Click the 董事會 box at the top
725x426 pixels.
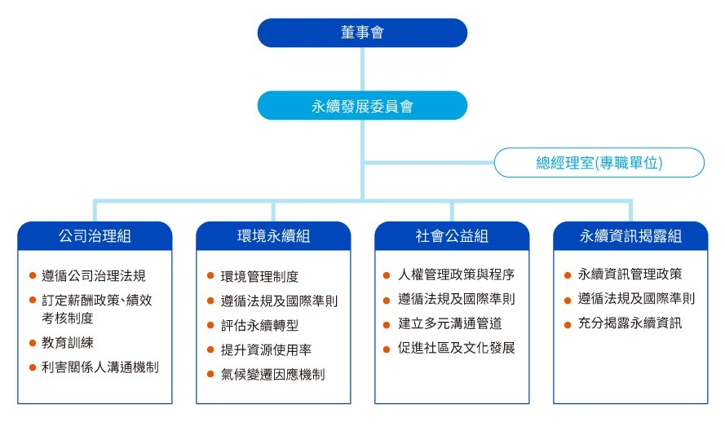click(x=362, y=33)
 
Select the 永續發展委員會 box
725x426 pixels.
click(x=362, y=106)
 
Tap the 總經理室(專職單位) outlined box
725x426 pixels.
click(x=599, y=163)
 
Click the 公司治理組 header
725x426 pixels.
click(x=95, y=236)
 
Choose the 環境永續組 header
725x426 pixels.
click(x=273, y=236)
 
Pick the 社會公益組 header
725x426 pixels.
click(x=452, y=236)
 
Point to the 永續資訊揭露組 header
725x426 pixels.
click(x=630, y=236)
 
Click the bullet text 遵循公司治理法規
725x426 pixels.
click(x=94, y=276)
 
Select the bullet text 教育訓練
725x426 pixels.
click(x=68, y=343)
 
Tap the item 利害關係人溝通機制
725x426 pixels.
click(x=100, y=367)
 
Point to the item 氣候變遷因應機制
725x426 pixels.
click(x=272, y=374)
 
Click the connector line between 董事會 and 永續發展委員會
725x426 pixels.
click(x=362, y=69)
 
